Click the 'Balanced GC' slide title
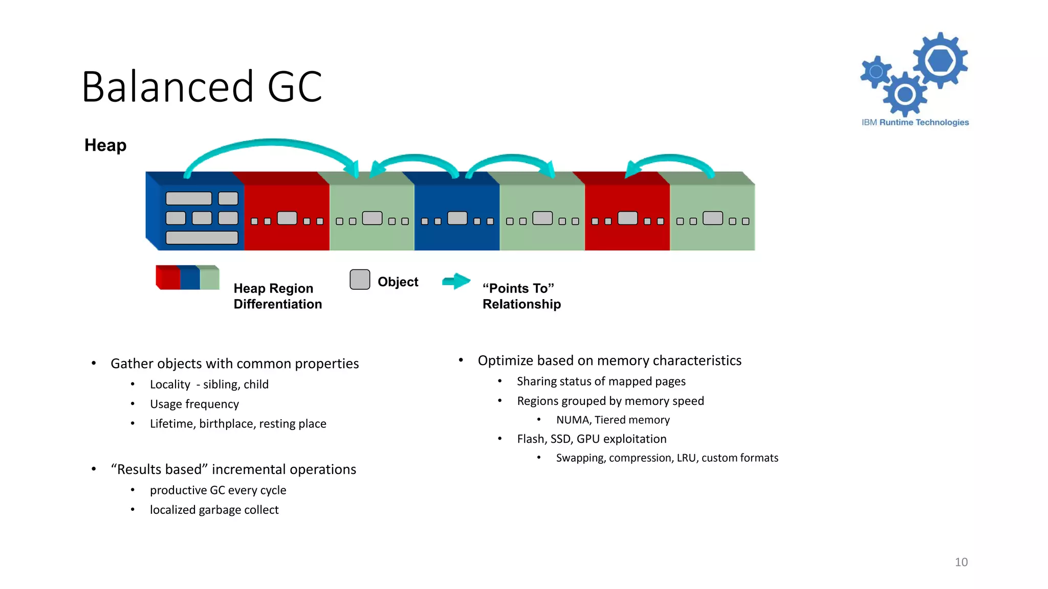tap(202, 87)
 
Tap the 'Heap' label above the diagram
tap(105, 145)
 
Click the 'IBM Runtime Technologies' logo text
tap(915, 122)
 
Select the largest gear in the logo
tap(940, 60)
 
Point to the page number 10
tap(960, 562)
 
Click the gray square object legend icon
tap(360, 280)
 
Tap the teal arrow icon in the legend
tap(456, 281)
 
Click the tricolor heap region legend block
tap(188, 278)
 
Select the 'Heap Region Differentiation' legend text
tap(277, 296)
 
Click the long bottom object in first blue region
tap(202, 238)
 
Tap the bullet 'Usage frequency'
tap(194, 404)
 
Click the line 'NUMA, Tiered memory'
tap(613, 420)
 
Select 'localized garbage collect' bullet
tap(214, 510)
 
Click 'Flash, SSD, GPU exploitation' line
tap(592, 439)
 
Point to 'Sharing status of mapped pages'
tap(601, 381)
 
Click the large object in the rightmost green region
tap(712, 218)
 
